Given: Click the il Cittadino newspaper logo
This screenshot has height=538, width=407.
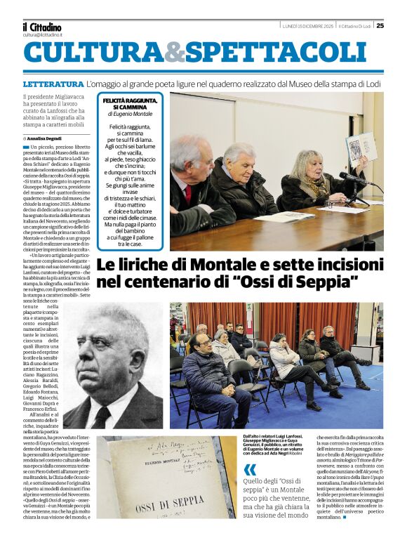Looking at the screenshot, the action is pos(42,27).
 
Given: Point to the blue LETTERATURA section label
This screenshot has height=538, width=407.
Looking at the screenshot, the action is pos(53,84).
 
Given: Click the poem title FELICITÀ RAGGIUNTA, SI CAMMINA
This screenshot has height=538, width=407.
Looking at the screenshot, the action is pos(130,105).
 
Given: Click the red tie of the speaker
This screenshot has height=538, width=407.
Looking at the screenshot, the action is pos(188,193).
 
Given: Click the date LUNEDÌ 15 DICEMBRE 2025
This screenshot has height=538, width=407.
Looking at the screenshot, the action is pos(307,26).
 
